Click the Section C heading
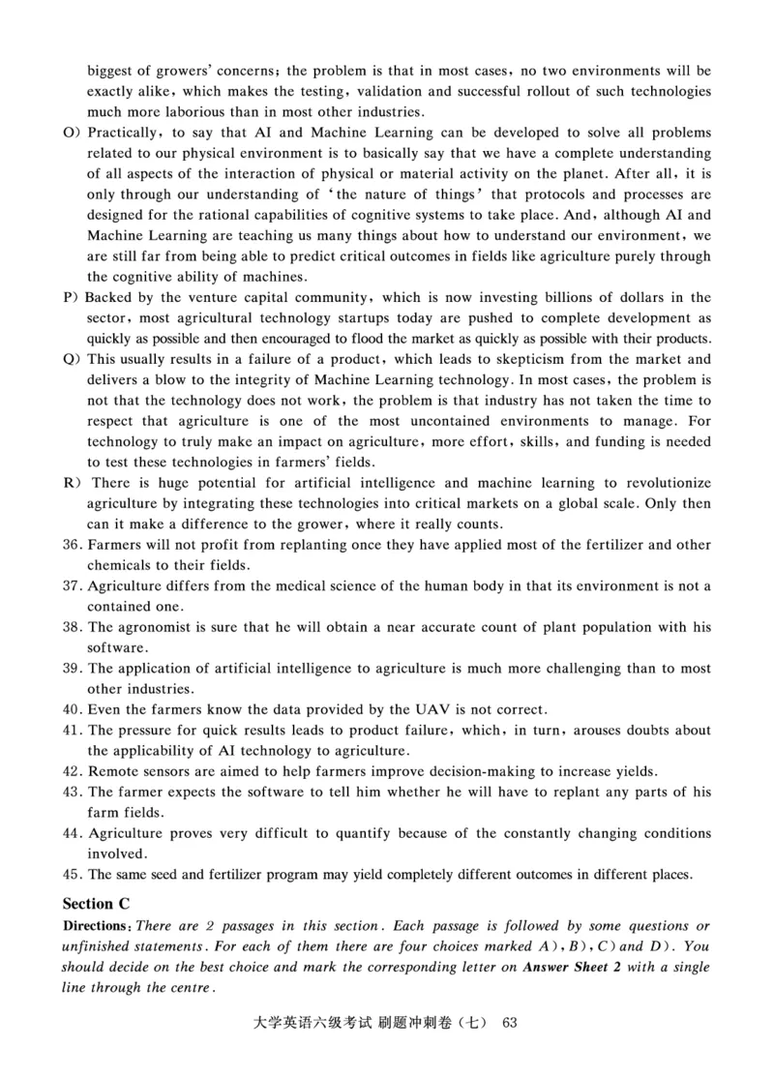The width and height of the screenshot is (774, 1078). point(96,905)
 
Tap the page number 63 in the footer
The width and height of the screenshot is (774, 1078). point(513,1023)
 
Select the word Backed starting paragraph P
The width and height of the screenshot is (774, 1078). point(107,297)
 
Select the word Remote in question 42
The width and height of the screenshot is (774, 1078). point(113,771)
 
